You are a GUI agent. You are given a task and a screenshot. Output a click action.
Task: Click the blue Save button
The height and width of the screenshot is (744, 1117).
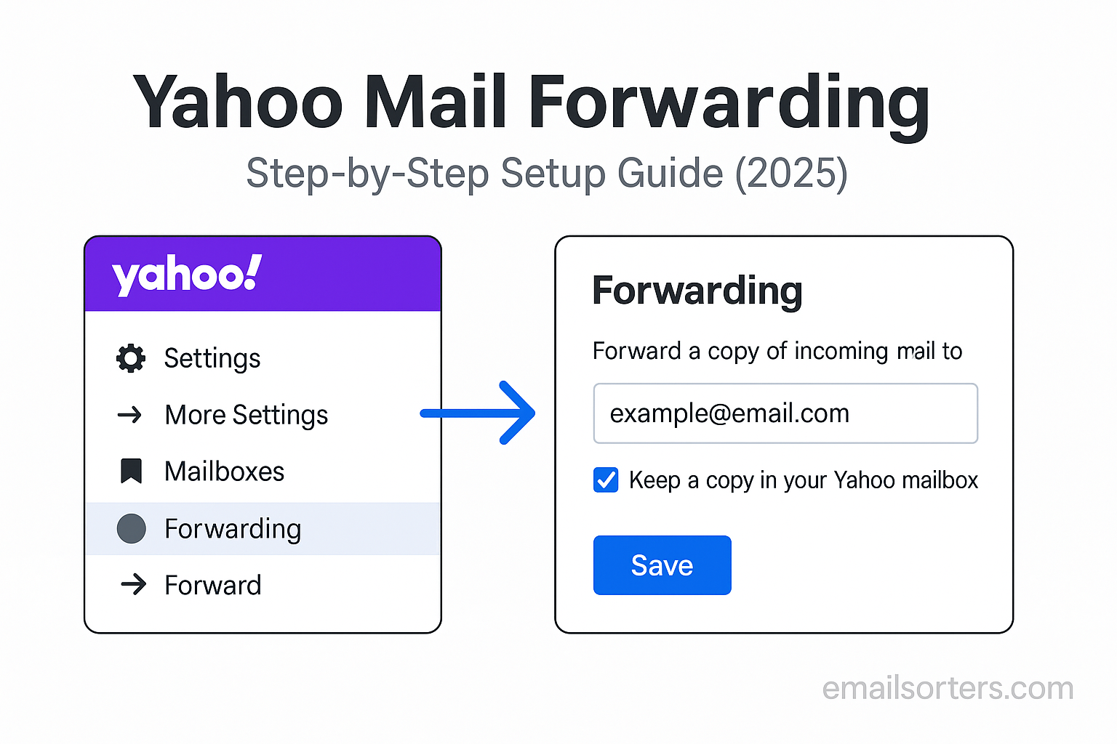[x=662, y=565]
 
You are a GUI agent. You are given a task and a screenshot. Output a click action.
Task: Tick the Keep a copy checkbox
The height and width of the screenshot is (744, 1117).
[x=606, y=480]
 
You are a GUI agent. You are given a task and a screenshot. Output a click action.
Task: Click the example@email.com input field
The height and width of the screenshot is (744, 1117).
[x=785, y=413]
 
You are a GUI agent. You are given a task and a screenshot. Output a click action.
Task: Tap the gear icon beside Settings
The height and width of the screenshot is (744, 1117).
[x=131, y=357]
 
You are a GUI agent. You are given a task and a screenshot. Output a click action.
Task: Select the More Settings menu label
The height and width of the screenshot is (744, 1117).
[x=247, y=415]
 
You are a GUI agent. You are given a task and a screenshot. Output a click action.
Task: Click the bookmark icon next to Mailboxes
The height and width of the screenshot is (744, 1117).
[x=132, y=471]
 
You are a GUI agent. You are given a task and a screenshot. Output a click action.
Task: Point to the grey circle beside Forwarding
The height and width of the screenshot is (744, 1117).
[x=131, y=528]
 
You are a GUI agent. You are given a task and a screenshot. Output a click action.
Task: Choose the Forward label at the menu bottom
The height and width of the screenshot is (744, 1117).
[x=213, y=585]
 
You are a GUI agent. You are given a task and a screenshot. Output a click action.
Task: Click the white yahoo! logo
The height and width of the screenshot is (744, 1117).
[x=187, y=275]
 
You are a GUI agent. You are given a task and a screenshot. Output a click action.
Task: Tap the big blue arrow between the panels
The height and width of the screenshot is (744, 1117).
[x=478, y=413]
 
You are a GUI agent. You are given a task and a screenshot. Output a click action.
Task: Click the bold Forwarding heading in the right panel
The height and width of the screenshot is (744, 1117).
[x=697, y=291]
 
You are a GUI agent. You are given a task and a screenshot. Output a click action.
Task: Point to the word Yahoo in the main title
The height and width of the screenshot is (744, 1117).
[x=238, y=102]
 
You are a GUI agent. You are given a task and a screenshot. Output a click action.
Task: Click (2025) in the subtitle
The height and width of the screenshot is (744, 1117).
[x=791, y=173]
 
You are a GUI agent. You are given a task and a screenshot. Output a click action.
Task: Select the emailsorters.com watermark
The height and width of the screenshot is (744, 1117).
[x=948, y=688]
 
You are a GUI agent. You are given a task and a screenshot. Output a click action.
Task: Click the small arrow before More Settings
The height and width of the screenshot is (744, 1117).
[x=129, y=415]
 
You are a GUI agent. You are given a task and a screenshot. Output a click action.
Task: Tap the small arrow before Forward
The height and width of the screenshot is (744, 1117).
[x=134, y=585]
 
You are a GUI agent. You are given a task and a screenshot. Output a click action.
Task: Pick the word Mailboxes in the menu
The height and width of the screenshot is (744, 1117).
[x=225, y=472]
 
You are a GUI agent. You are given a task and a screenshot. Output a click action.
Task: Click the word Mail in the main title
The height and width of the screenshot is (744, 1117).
[x=436, y=102]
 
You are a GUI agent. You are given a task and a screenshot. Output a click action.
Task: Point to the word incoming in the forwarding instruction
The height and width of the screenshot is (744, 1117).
[x=841, y=352]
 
